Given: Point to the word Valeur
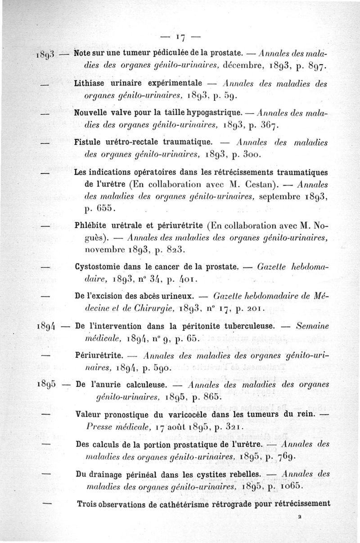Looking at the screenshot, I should pos(88,414).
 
